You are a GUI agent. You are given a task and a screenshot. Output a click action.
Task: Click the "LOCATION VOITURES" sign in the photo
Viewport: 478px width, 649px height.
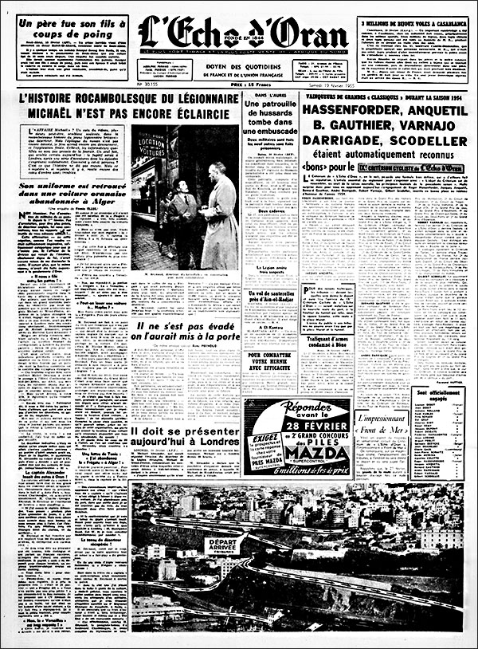pyautogui.click(x=151, y=145)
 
